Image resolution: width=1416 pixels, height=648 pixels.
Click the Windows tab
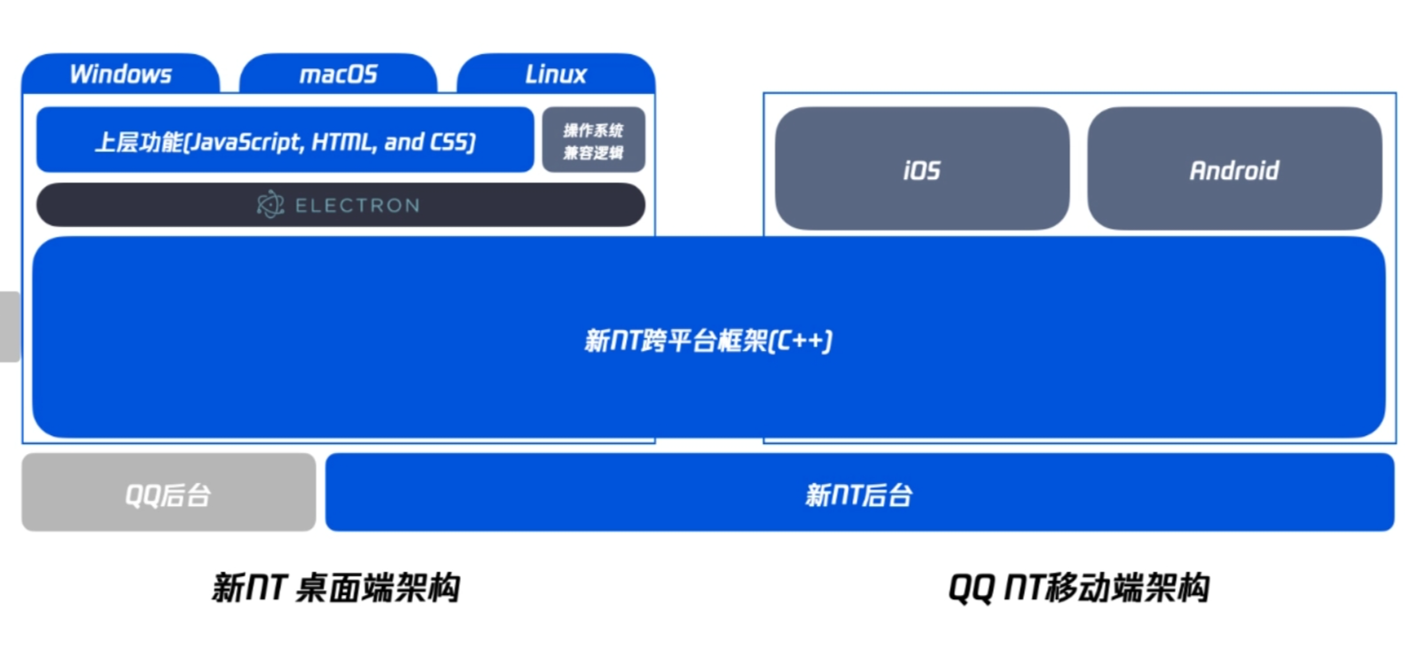pos(121,74)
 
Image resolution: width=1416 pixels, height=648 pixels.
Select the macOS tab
pos(338,74)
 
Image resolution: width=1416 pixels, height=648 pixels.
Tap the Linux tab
pos(556,74)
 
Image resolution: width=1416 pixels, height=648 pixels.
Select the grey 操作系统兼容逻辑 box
pos(593,140)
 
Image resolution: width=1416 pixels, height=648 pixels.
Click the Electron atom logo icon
pos(270,205)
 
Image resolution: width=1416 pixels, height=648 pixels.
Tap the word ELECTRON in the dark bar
pos(357,206)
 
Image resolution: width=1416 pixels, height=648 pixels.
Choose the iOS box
pos(922,168)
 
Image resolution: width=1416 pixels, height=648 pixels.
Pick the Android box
pos(1234,168)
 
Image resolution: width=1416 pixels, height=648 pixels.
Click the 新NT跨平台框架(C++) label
pos(708,340)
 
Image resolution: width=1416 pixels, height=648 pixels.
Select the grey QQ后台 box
pos(168,492)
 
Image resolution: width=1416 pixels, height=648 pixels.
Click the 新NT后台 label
pos(858,495)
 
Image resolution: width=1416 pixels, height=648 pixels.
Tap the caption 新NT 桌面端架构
pos(336,588)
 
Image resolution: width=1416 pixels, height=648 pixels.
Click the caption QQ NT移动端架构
pos(1079,588)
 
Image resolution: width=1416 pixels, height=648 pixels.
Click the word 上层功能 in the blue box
pos(137,142)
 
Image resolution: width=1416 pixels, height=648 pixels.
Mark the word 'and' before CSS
pos(403,142)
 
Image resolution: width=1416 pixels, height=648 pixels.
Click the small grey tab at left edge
pos(10,326)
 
